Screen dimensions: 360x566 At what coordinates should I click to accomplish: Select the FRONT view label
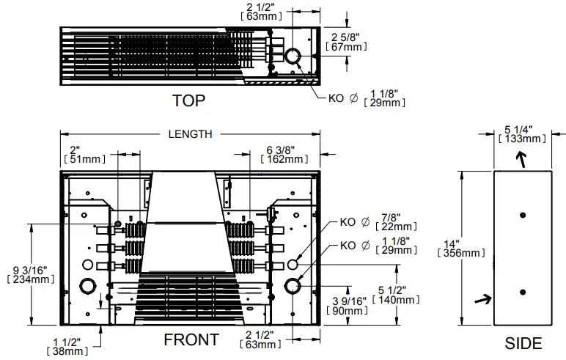[190, 340]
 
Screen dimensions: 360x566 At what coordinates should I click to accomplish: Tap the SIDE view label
[523, 343]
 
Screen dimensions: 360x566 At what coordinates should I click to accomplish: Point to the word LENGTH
[190, 133]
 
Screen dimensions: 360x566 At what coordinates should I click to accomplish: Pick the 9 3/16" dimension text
[30, 273]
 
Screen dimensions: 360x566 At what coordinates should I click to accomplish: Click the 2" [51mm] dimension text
[86, 153]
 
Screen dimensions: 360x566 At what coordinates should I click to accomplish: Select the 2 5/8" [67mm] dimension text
[348, 42]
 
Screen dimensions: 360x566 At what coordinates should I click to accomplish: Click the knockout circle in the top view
[293, 56]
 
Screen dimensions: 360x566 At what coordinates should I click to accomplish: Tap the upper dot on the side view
[522, 215]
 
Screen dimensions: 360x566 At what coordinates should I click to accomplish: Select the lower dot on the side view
[522, 292]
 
